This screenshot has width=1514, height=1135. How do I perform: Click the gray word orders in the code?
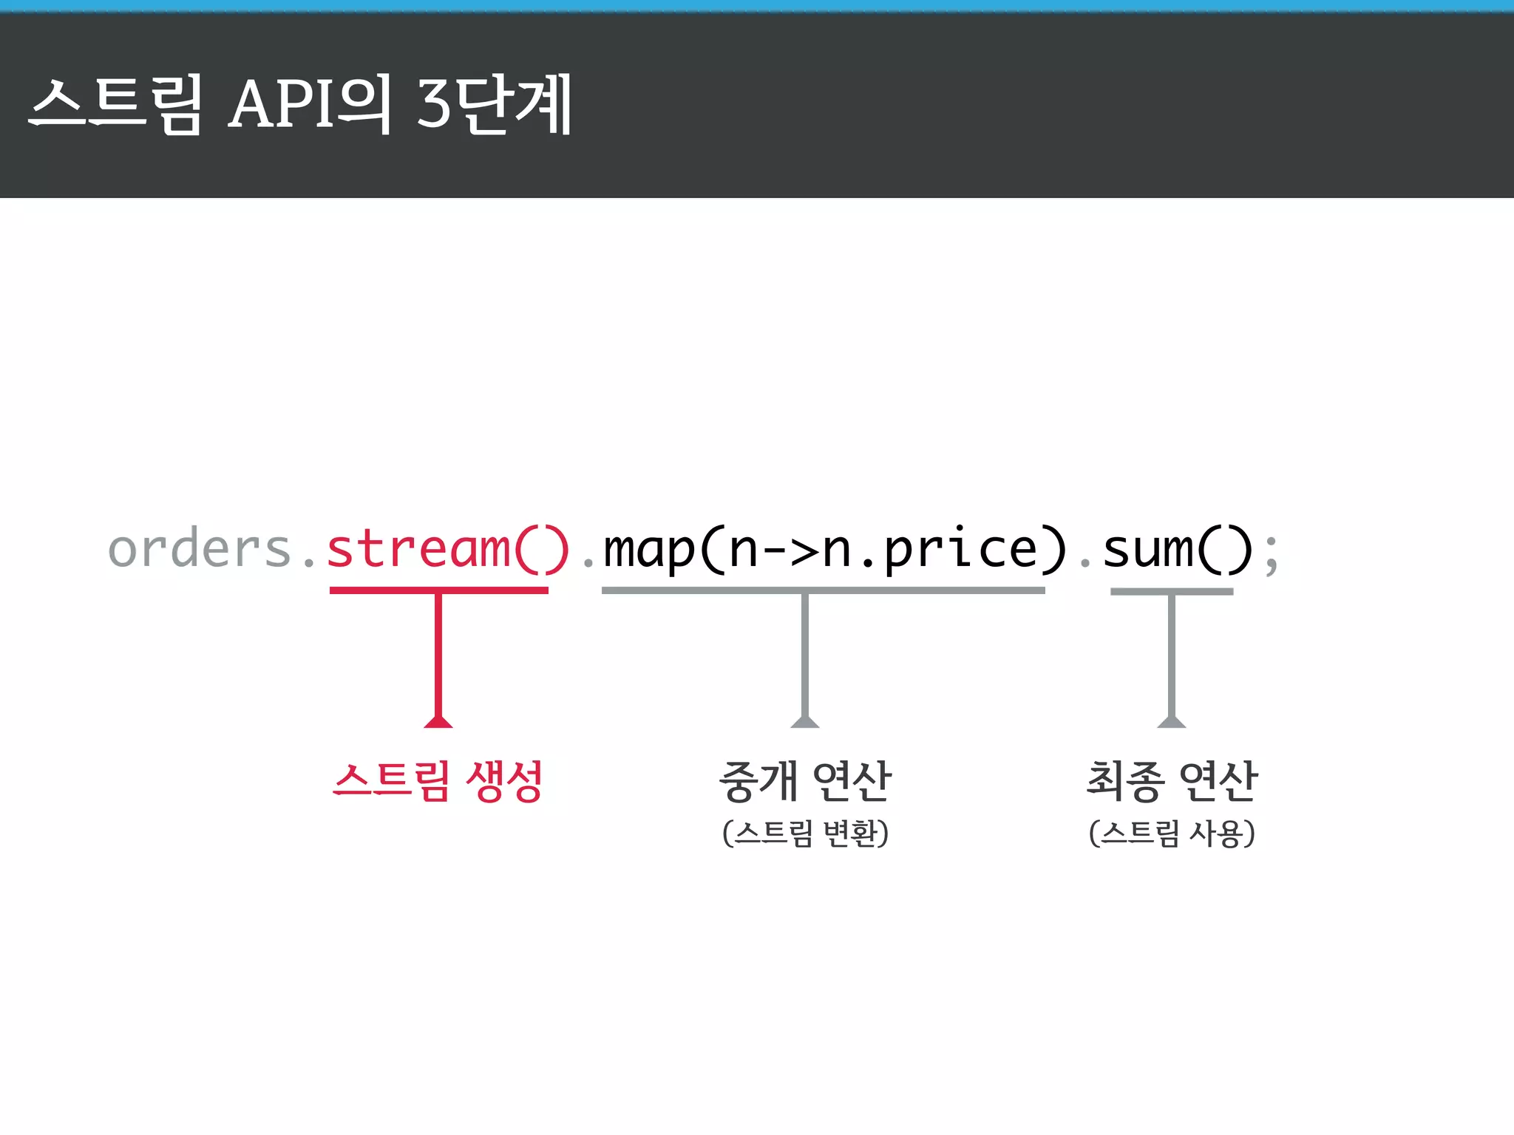click(x=200, y=549)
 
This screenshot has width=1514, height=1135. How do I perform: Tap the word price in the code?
click(x=961, y=549)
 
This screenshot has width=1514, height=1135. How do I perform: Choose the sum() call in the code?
click(x=1178, y=549)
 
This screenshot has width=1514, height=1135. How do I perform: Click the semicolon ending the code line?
click(x=1271, y=553)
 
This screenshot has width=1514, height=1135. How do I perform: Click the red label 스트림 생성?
click(x=438, y=781)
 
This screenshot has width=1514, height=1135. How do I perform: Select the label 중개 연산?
click(x=805, y=781)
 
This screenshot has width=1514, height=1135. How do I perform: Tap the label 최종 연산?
click(x=1172, y=781)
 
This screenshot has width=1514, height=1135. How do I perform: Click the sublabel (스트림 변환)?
click(x=805, y=833)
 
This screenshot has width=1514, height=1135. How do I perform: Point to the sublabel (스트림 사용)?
click(x=1172, y=833)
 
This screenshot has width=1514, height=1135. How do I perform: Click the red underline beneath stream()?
click(x=439, y=590)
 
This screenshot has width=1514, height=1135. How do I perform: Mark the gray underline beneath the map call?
click(x=823, y=590)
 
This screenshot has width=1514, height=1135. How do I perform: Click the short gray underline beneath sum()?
click(x=1172, y=591)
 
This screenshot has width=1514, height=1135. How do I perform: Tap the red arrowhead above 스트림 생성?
click(x=438, y=721)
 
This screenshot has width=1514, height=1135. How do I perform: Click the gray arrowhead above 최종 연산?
click(x=1172, y=721)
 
